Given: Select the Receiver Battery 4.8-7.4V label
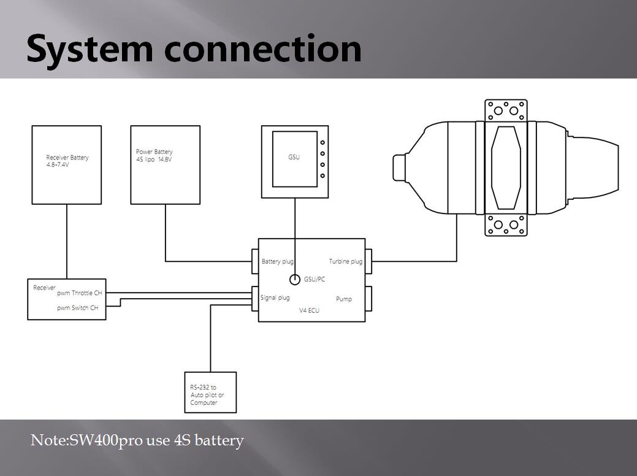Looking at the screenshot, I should tap(67, 161).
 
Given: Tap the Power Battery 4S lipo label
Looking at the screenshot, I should tap(154, 155).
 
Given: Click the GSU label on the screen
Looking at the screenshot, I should tap(294, 157).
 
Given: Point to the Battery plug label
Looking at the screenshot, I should tap(278, 261).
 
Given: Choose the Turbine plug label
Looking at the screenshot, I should tap(345, 261).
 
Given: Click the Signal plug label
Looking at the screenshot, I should tap(275, 298).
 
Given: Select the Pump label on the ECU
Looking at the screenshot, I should tap(343, 299).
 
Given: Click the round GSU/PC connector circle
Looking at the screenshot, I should tap(294, 280).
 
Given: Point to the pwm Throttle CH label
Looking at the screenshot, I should tap(79, 294).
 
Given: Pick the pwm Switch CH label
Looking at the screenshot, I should tap(77, 308).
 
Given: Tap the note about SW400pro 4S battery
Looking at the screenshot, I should tap(137, 440).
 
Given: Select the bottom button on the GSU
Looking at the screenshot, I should tap(322, 176).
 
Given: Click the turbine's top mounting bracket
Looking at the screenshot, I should tap(506, 111).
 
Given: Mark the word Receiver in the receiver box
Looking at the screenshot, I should tap(44, 287).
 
